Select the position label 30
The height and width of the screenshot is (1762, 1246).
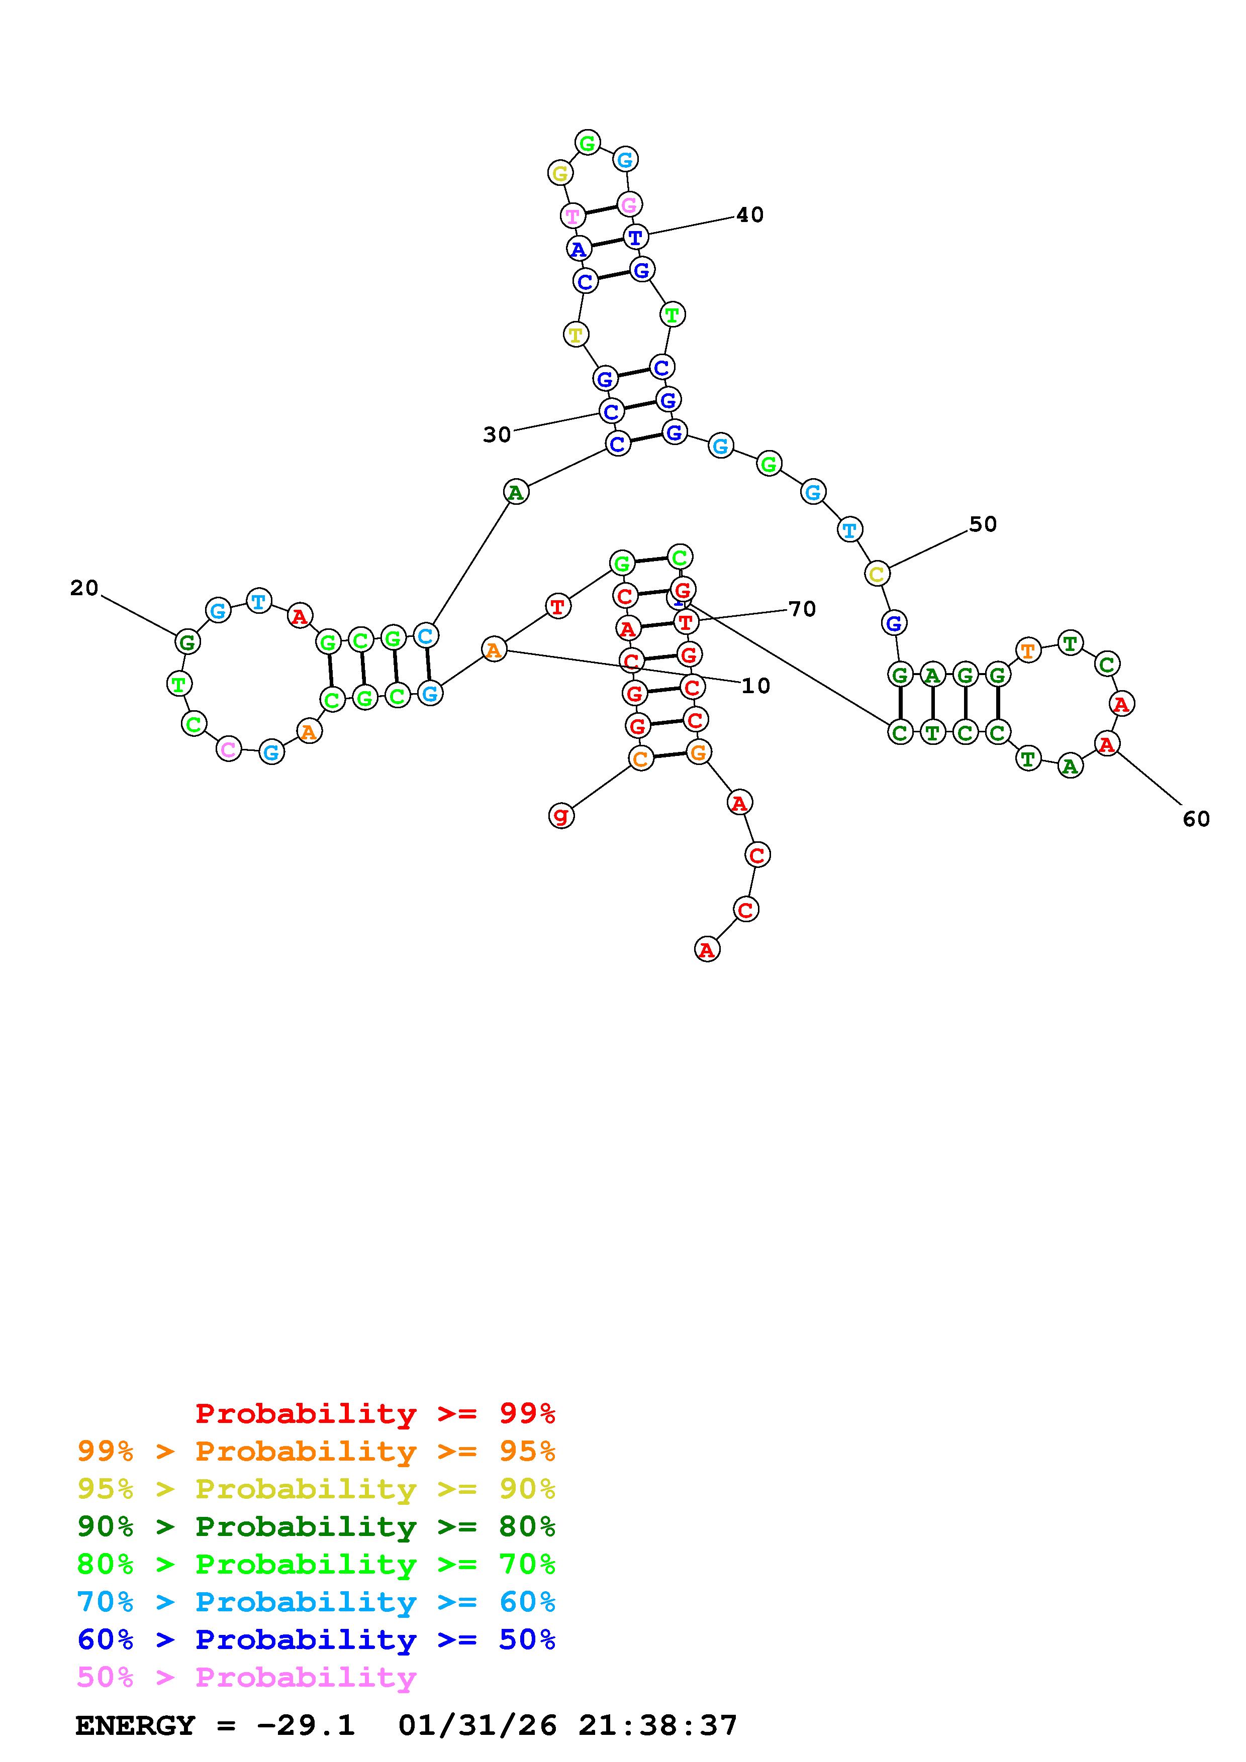pyautogui.click(x=497, y=435)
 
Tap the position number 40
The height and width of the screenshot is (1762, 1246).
pyautogui.click(x=749, y=215)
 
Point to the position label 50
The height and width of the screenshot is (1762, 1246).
pyautogui.click(x=982, y=524)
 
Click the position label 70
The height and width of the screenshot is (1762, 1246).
pyautogui.click(x=802, y=609)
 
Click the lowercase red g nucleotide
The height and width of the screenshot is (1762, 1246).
pyautogui.click(x=561, y=815)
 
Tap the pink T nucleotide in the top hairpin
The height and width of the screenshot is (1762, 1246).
pyautogui.click(x=572, y=215)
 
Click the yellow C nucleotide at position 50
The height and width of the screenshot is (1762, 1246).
pyautogui.click(x=876, y=573)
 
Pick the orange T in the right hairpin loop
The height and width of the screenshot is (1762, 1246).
pyautogui.click(x=1027, y=651)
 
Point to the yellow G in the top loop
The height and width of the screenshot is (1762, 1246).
pyautogui.click(x=560, y=173)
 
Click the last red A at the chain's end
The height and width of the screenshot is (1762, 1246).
pyautogui.click(x=706, y=950)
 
